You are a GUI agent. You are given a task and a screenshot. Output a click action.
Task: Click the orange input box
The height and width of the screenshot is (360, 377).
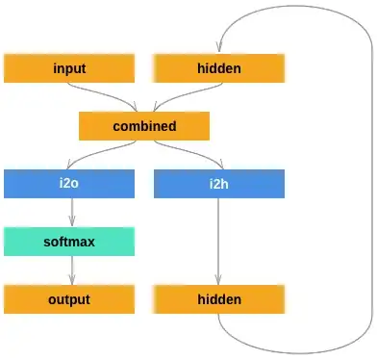click(x=69, y=68)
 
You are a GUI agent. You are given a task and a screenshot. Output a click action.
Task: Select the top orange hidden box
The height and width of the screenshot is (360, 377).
click(x=219, y=68)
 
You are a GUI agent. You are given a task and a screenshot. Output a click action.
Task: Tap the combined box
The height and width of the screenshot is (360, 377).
click(x=144, y=126)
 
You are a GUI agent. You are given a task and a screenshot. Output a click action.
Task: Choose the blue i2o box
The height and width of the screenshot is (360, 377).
click(x=69, y=184)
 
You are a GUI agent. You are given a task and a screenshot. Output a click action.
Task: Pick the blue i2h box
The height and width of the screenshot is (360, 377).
click(x=219, y=184)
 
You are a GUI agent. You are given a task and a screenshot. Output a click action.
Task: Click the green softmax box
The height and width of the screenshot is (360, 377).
click(x=69, y=242)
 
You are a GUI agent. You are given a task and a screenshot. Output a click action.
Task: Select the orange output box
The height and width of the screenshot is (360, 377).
click(x=69, y=299)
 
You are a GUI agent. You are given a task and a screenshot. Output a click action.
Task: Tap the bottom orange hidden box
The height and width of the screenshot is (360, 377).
click(x=219, y=299)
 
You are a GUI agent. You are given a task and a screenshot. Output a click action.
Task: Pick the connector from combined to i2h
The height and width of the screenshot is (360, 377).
click(x=192, y=153)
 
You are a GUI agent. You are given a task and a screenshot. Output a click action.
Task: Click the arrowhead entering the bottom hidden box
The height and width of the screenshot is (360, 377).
click(x=219, y=281)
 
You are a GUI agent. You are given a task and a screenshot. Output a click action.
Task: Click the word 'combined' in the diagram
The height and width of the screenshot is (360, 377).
click(x=144, y=126)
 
